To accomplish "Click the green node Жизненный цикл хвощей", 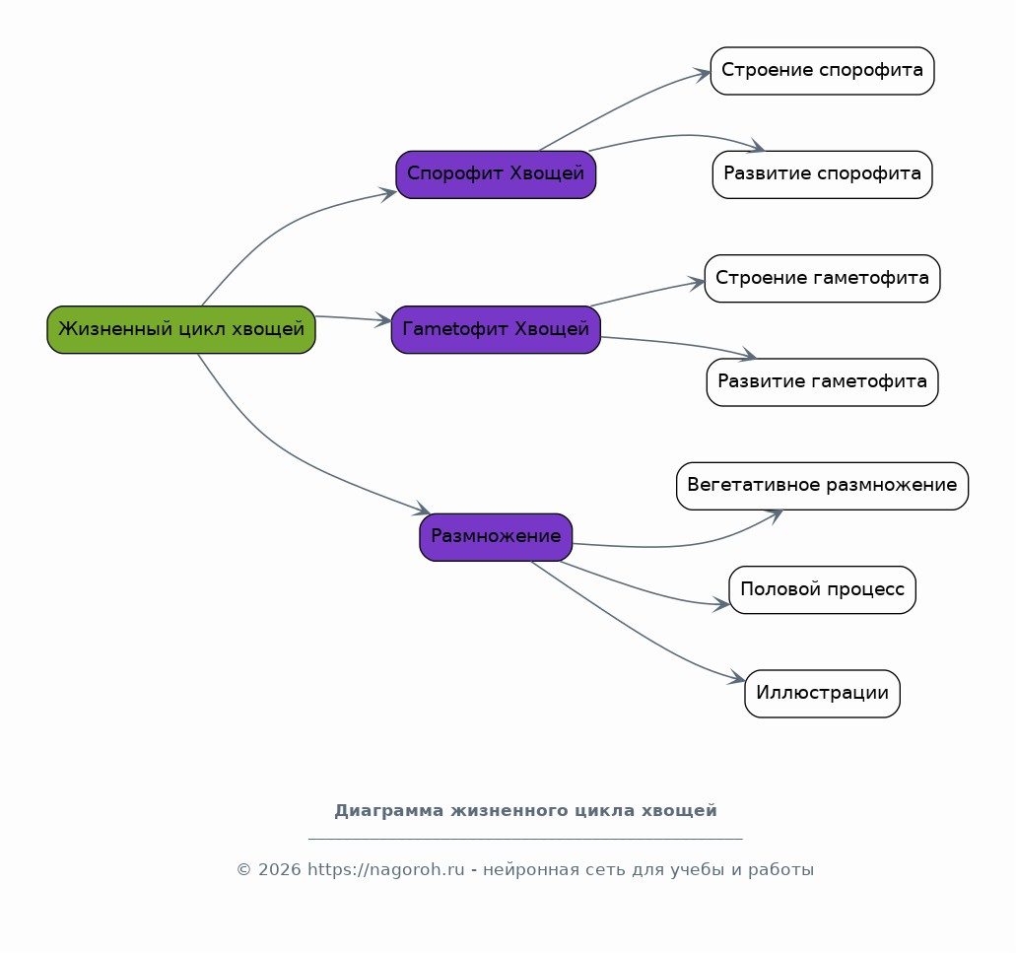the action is click(180, 330).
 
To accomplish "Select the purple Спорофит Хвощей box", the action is click(496, 174).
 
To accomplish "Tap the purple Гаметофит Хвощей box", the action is click(496, 330).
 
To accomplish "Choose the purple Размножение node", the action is click(496, 537).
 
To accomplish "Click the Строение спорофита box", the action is click(822, 71).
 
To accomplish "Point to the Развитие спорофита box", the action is click(822, 174).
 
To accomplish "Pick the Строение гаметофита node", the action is click(822, 279).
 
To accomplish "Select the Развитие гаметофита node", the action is click(822, 382).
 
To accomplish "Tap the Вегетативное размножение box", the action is click(822, 486).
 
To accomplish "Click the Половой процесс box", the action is click(822, 589).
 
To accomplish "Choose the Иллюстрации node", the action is click(822, 694).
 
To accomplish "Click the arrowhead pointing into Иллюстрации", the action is click(737, 678).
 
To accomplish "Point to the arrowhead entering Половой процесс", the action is click(721, 604).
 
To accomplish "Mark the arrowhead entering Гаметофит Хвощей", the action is click(384, 320).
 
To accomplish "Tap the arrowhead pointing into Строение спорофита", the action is click(703, 75).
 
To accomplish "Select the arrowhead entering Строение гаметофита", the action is click(697, 283).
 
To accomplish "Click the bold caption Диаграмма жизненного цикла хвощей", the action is click(525, 810).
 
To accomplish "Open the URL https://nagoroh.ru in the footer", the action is click(385, 869).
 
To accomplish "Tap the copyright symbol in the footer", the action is click(243, 869).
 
